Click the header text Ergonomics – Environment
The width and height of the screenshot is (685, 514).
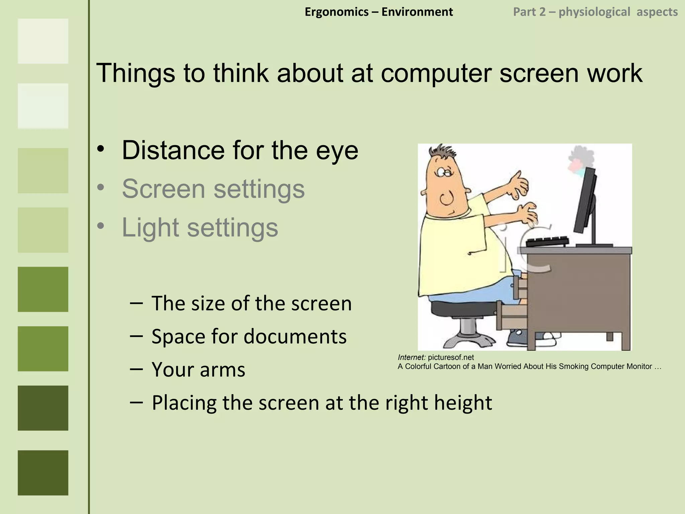point(379,12)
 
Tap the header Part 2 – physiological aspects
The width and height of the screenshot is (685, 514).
point(595,12)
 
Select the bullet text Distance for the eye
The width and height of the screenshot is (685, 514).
point(240,150)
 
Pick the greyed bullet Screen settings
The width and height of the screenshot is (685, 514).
point(213,189)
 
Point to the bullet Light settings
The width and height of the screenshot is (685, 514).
point(200,228)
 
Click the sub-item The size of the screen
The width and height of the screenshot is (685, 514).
point(252,303)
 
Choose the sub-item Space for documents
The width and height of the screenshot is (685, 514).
point(249,336)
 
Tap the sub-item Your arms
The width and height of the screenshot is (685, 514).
point(198,369)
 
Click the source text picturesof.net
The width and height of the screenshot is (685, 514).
point(451,357)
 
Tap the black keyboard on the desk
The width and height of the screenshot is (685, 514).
point(547,241)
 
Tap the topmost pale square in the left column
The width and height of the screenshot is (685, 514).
point(43,41)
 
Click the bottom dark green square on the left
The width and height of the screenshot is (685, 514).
point(43,473)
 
